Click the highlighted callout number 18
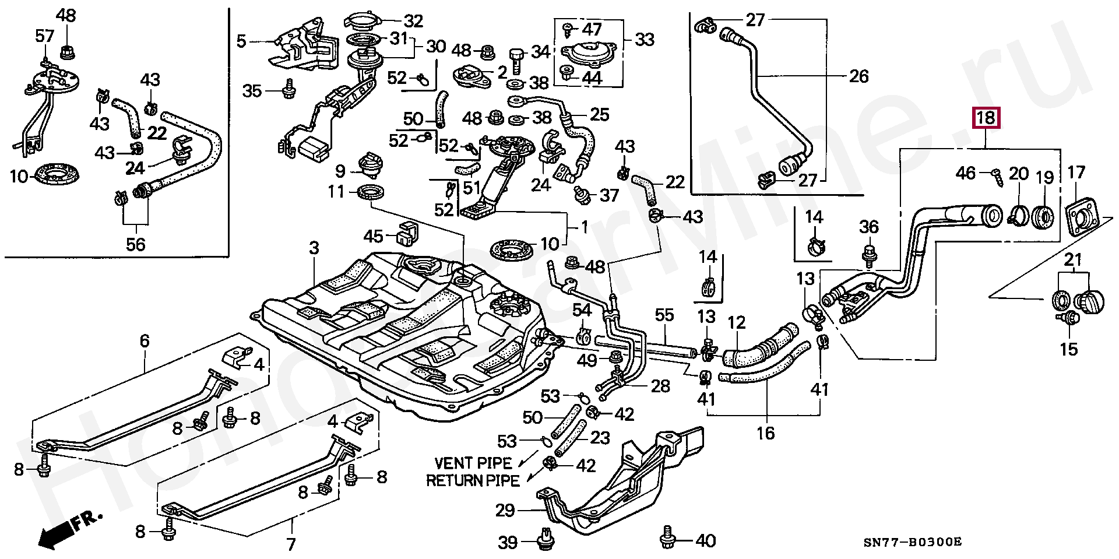click(x=986, y=118)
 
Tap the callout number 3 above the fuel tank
click(x=314, y=248)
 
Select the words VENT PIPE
click(x=473, y=463)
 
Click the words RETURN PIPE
click(x=473, y=481)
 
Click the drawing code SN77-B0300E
click(x=913, y=542)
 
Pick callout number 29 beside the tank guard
click(x=505, y=511)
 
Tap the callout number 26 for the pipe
click(x=858, y=76)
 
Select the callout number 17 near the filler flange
click(x=1076, y=173)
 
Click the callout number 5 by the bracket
click(x=242, y=41)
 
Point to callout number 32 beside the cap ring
click(x=413, y=22)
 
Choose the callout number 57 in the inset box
click(x=45, y=36)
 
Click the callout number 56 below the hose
click(x=135, y=244)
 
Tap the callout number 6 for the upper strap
click(x=145, y=340)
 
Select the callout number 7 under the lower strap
click(x=291, y=544)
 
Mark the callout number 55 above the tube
click(x=664, y=315)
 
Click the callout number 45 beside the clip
click(x=374, y=236)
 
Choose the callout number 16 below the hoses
click(x=766, y=433)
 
